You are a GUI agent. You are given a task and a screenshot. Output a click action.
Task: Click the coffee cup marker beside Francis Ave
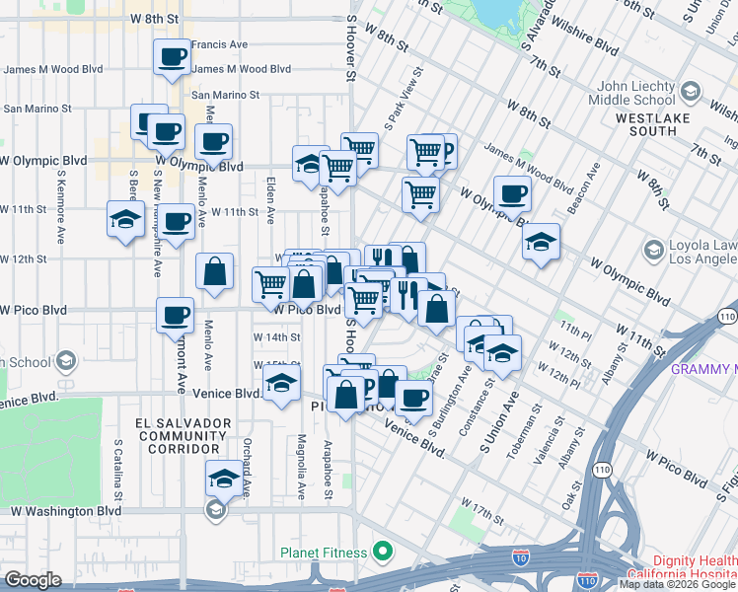click(x=173, y=56)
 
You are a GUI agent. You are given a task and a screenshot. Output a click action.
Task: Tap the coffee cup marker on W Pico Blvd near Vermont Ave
click(x=175, y=316)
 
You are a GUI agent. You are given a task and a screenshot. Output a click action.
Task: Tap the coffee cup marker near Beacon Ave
click(x=511, y=193)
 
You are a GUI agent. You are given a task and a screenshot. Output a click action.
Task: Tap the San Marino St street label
click(x=225, y=96)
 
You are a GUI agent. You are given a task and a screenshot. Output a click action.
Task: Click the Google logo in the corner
click(x=32, y=580)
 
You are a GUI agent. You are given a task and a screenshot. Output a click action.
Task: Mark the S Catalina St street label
click(x=117, y=470)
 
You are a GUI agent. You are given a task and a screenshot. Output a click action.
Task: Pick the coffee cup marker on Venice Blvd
click(x=413, y=398)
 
